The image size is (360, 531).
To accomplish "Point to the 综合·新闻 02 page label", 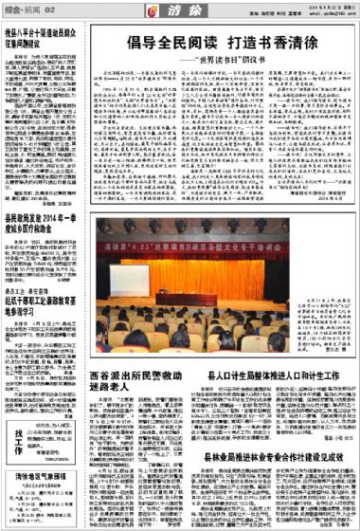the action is click(x=24, y=9).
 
